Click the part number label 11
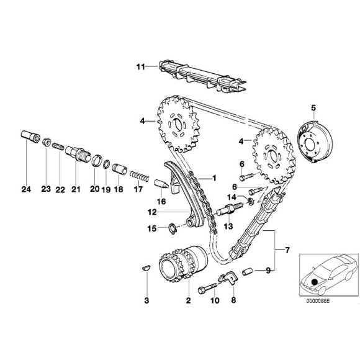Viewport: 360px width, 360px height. click(x=140, y=65)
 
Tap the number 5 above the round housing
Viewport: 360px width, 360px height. click(x=313, y=108)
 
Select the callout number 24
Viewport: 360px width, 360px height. click(x=27, y=189)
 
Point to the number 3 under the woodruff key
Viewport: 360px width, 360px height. click(x=146, y=300)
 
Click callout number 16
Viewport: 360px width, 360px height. click(x=161, y=201)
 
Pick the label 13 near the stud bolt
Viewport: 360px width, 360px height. click(x=226, y=227)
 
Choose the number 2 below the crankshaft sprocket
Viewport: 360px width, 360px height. click(x=188, y=301)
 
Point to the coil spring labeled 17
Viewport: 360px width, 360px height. click(x=142, y=175)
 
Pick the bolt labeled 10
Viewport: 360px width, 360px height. click(x=208, y=289)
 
